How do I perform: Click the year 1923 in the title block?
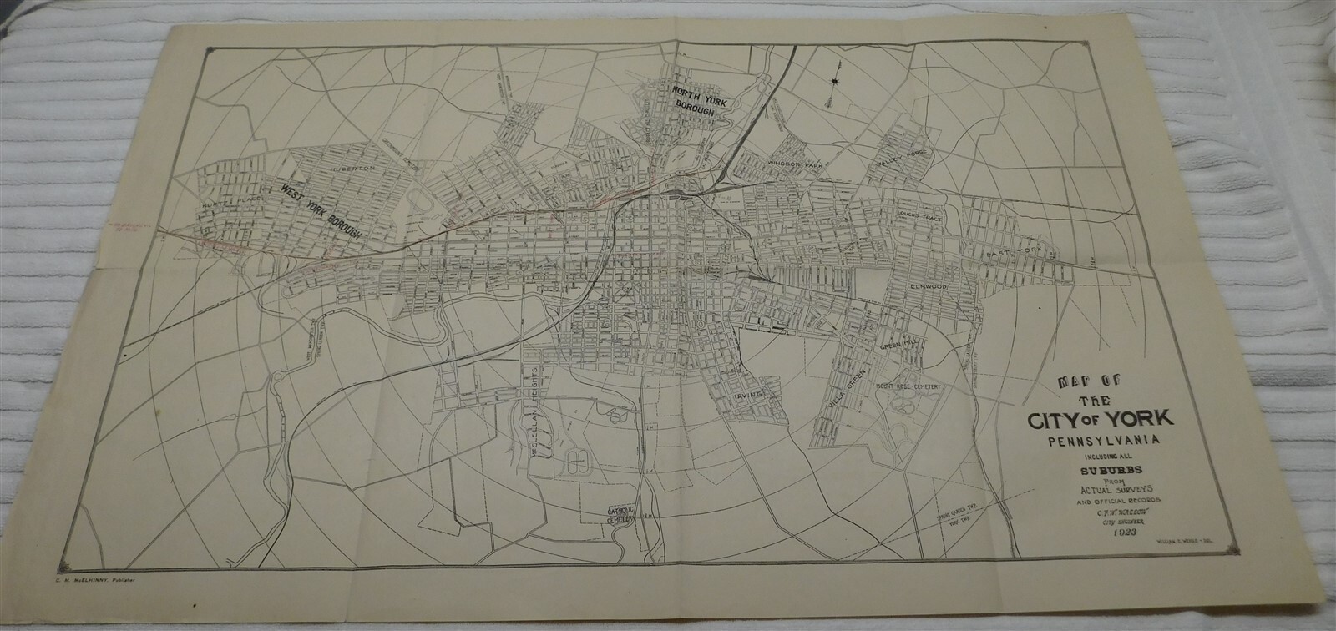(x=1099, y=535)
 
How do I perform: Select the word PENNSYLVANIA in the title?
(x=1094, y=437)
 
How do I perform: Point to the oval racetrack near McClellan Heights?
(x=577, y=458)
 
